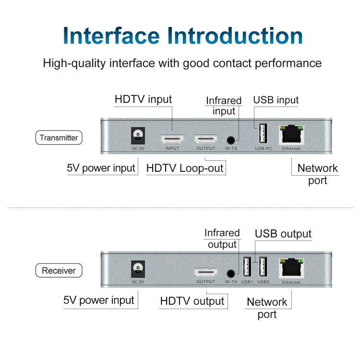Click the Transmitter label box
[59, 138]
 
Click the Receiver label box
[59, 270]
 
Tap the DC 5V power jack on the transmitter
[138, 136]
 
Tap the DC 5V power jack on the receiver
[138, 269]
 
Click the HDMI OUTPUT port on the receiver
[206, 272]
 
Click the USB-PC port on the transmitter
[263, 134]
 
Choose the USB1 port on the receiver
[247, 267]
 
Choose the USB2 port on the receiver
[263, 267]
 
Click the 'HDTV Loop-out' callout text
[185, 168]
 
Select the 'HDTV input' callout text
[143, 99]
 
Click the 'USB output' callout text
[283, 234]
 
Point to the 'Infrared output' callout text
[222, 239]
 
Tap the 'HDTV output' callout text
[192, 301]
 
